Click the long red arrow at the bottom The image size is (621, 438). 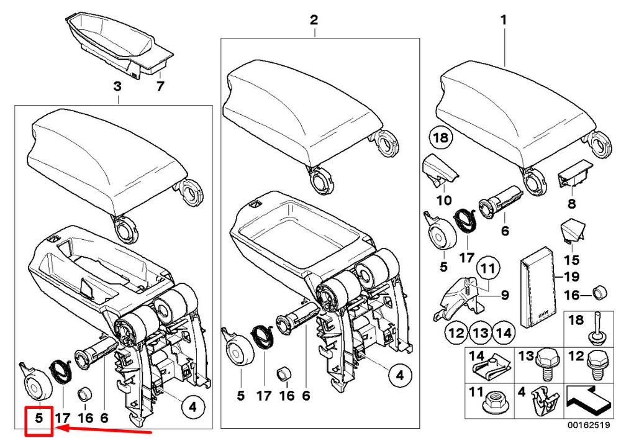(x=103, y=429)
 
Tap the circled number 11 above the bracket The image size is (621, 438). (x=489, y=269)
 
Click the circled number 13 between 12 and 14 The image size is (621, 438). (x=479, y=334)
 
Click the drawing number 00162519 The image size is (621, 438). (x=591, y=426)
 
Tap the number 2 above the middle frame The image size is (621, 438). (x=314, y=21)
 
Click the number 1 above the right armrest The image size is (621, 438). (x=504, y=21)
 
